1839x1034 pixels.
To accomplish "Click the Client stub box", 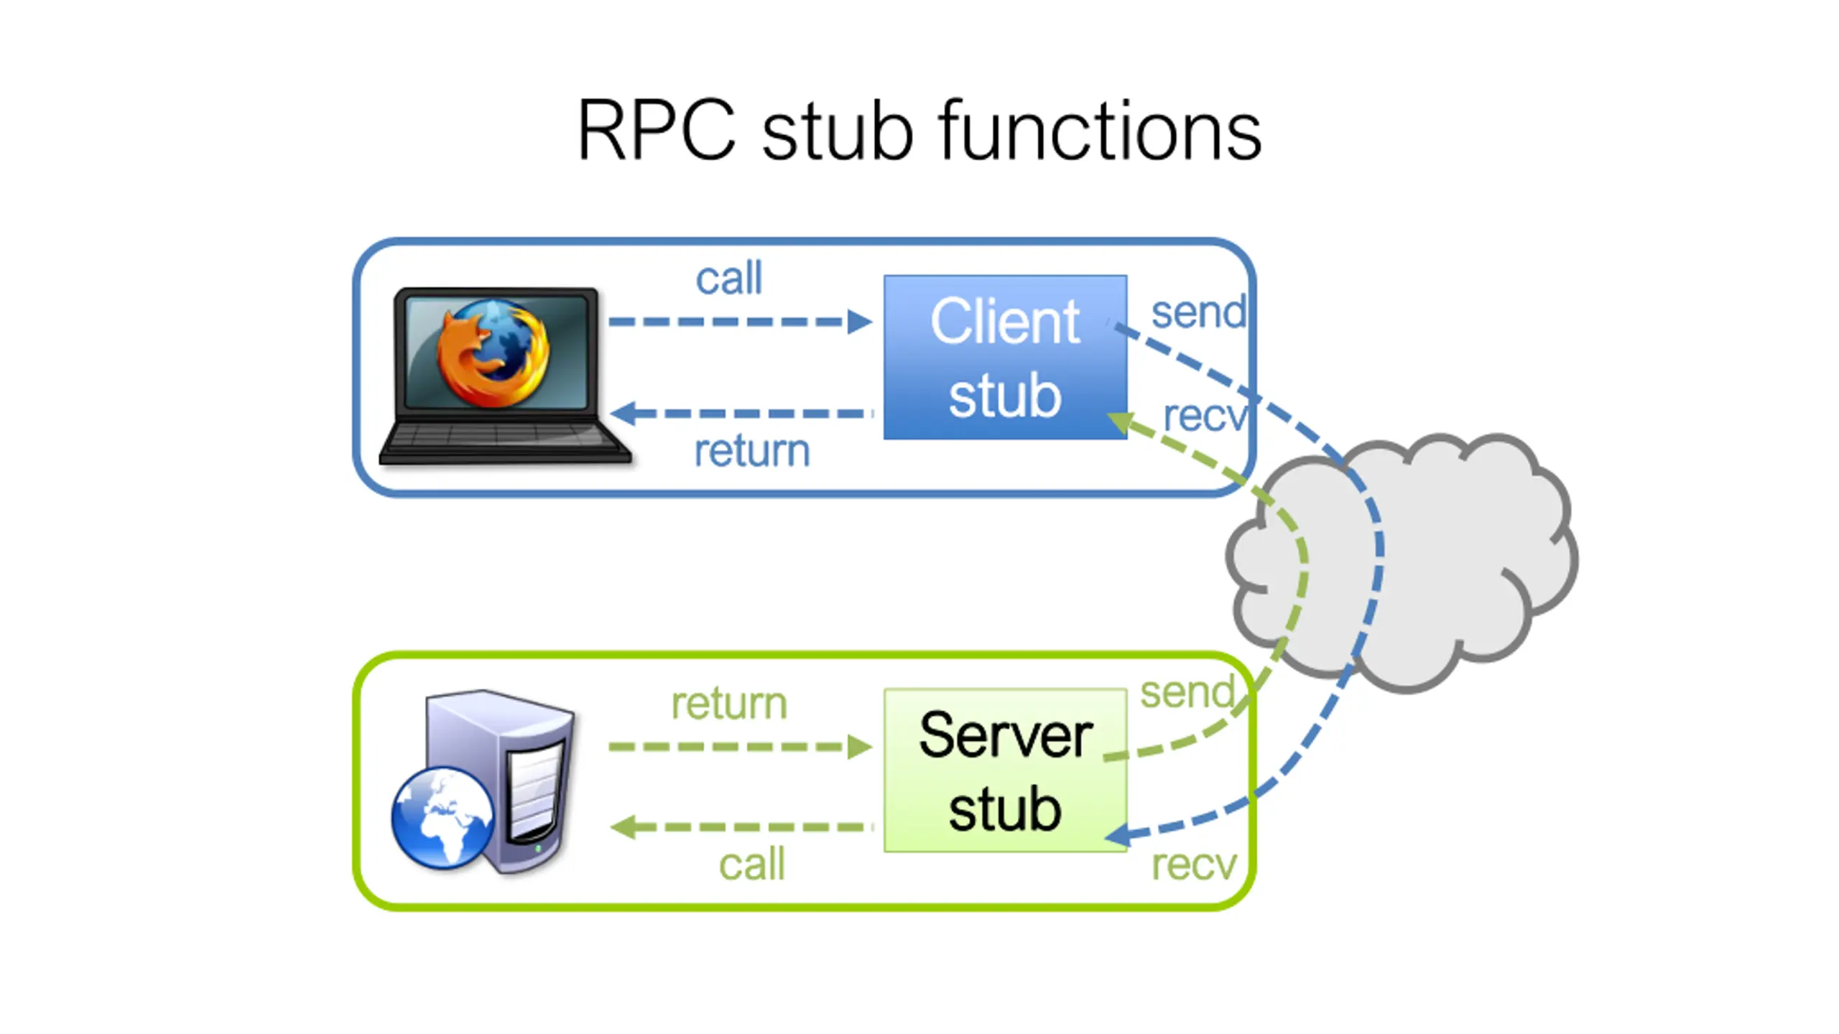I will tap(1005, 357).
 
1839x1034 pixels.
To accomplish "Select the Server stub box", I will tap(1005, 770).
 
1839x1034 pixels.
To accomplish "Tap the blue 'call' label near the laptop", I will tap(728, 279).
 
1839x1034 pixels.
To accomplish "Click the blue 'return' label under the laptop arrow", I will tap(751, 451).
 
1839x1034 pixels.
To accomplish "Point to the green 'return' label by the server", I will tap(728, 704).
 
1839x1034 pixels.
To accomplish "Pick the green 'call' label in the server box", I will tap(751, 864).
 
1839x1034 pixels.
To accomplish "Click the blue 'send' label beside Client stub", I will tap(1198, 313).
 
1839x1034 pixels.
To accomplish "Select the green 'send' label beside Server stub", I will tap(1187, 693).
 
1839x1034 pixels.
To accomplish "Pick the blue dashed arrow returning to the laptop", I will tap(740, 414).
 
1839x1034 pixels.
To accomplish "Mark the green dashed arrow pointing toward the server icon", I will tap(740, 827).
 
